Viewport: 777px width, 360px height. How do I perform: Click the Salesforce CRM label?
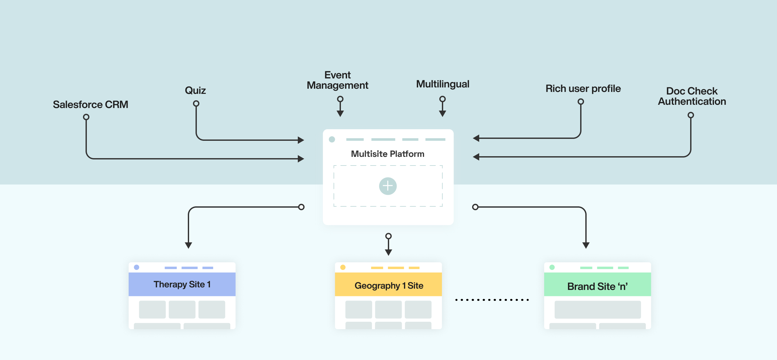coord(90,104)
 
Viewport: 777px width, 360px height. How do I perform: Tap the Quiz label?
coord(195,90)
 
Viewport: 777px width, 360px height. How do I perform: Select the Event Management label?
coord(337,80)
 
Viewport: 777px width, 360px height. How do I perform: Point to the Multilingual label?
coord(443,84)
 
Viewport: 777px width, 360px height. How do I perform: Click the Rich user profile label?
coord(583,88)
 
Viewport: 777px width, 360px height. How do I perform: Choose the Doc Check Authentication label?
coord(692,96)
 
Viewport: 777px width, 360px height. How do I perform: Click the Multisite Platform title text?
coord(388,154)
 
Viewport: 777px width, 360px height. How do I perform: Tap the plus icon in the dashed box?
coord(388,186)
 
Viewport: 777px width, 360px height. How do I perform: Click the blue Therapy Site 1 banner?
coord(182,284)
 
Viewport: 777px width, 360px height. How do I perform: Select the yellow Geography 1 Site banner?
coord(388,285)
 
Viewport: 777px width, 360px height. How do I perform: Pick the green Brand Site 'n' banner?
coord(597,286)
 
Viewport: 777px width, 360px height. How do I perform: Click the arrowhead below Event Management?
coord(340,113)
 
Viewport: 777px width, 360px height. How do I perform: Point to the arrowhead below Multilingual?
coord(443,113)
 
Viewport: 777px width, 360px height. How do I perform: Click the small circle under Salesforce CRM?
coord(86,117)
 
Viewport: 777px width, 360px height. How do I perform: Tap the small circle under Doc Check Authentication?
coord(691,115)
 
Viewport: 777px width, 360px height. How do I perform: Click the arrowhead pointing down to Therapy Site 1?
coord(188,245)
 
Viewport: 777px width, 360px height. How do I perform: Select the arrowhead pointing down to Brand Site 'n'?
coord(586,245)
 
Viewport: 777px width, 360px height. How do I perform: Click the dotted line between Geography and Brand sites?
coord(492,300)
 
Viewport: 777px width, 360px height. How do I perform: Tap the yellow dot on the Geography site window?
coord(343,267)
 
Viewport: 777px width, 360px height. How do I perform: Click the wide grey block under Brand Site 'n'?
coord(598,310)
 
